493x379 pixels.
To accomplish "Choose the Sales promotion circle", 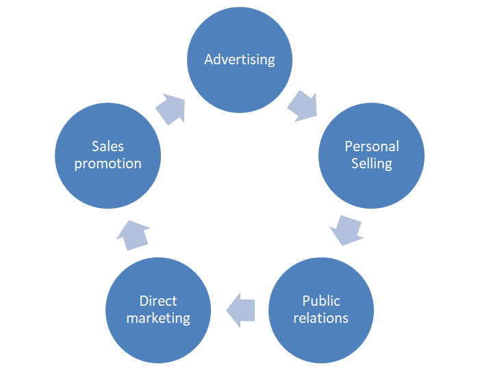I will pyautogui.click(x=108, y=155).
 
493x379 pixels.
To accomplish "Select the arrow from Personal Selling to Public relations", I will pyautogui.click(x=346, y=231).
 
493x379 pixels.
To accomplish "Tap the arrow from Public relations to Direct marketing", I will pyautogui.click(x=240, y=309).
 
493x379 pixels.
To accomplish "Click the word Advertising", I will pyautogui.click(x=240, y=60).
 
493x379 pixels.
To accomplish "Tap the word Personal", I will pyautogui.click(x=372, y=146).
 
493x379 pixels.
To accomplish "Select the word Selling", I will pyautogui.click(x=372, y=164).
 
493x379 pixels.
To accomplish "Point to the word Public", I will pyautogui.click(x=321, y=301).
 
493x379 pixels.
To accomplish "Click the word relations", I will pyautogui.click(x=321, y=318).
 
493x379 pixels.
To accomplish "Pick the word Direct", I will pyautogui.click(x=158, y=301).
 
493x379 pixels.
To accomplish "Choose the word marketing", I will pyautogui.click(x=158, y=319).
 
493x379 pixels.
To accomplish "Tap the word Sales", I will pyautogui.click(x=108, y=146).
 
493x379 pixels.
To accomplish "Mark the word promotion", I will pyautogui.click(x=108, y=164).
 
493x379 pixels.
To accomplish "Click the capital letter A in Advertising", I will pyautogui.click(x=209, y=60).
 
